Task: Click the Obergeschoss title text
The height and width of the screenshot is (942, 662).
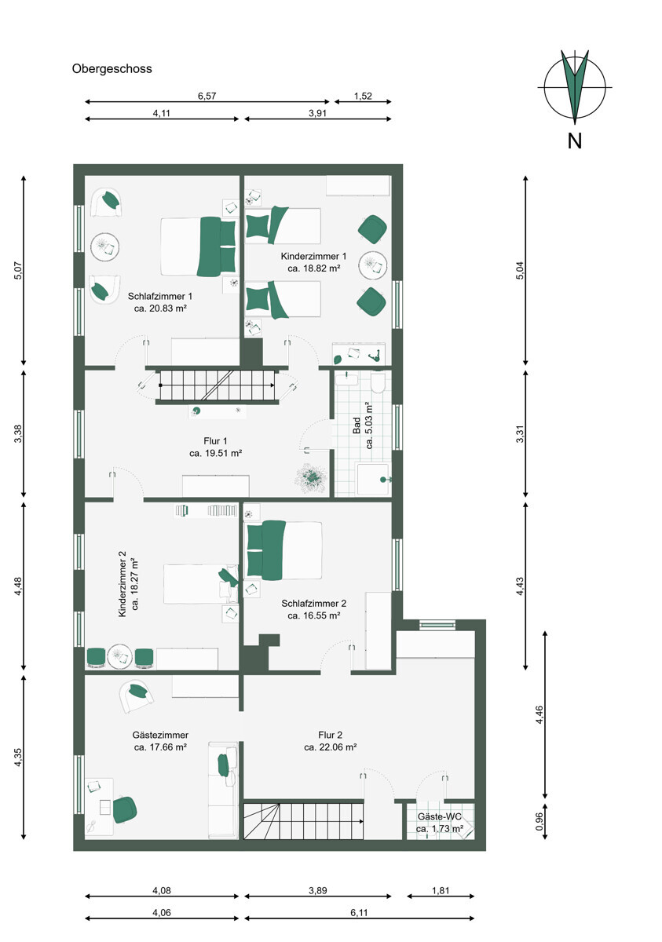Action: point(112,69)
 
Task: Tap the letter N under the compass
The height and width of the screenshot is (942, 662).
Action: point(575,141)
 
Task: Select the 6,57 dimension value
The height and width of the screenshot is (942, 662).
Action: point(207,96)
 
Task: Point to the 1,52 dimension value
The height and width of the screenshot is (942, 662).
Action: point(363,96)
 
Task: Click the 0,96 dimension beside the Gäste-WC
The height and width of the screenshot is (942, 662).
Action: point(539,821)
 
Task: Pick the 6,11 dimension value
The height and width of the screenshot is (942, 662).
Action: point(359,912)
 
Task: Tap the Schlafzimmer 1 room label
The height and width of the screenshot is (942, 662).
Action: point(160,296)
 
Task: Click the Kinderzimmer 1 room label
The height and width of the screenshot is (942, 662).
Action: point(314,256)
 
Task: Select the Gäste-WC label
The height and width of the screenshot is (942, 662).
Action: point(440,816)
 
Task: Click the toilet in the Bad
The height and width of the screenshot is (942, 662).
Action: point(378,382)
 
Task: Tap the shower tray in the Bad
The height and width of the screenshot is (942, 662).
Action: point(374,479)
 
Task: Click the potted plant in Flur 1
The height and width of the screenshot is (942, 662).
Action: point(311,477)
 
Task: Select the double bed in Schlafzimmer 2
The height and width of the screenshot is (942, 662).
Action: point(284,550)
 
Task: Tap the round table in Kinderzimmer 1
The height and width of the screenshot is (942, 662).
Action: point(373,265)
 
